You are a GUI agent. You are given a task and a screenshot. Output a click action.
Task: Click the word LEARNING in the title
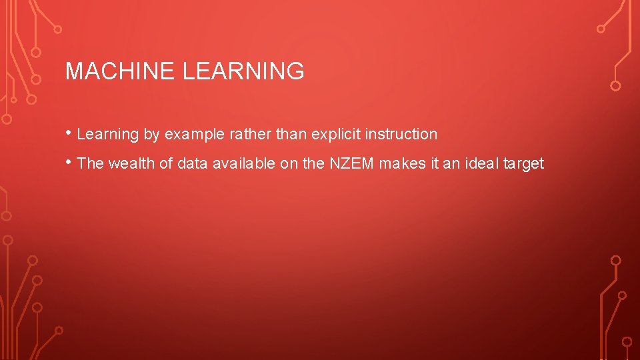[x=243, y=71]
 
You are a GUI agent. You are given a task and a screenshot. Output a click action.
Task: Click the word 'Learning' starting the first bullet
[x=108, y=135]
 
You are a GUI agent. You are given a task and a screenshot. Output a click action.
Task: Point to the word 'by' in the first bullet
[x=151, y=135]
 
